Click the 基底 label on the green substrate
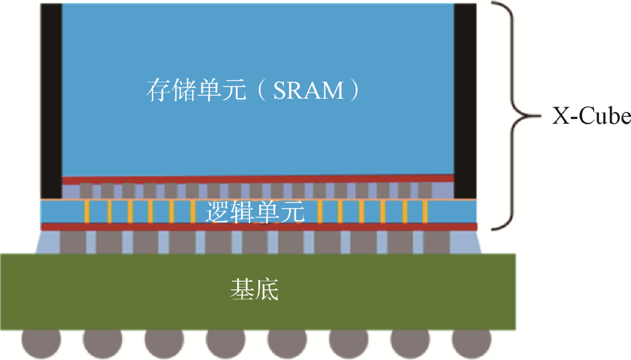click(x=254, y=289)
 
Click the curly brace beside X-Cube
click(x=511, y=116)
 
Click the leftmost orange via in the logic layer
click(x=87, y=212)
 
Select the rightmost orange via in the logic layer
click(x=425, y=212)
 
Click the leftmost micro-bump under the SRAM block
click(x=86, y=191)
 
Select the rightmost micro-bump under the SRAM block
click(x=425, y=191)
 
